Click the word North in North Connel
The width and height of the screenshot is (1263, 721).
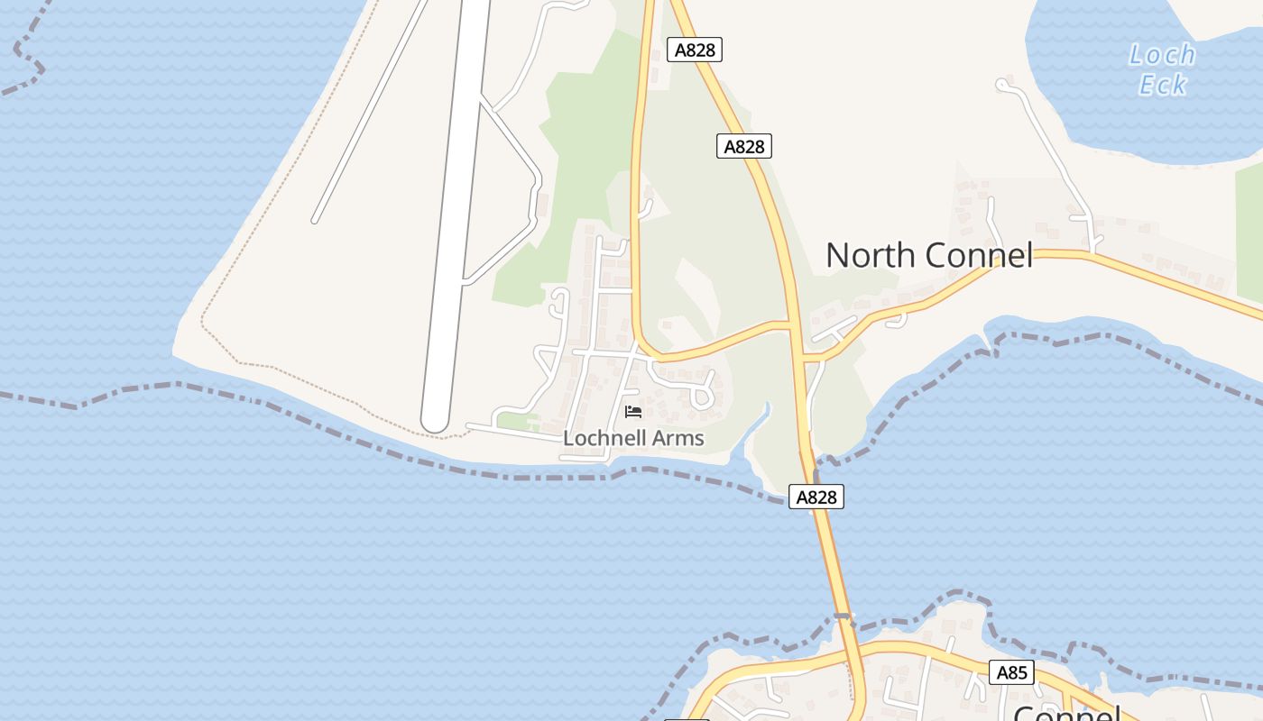[x=870, y=255]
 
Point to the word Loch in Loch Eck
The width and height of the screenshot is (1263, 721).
[x=1162, y=55]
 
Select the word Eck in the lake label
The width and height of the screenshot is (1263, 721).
[x=1162, y=85]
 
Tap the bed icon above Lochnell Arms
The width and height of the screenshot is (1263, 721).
[x=633, y=412]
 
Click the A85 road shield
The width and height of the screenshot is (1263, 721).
[x=1011, y=672]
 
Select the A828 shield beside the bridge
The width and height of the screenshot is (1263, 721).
[x=816, y=497]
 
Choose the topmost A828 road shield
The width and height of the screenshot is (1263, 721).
[x=695, y=50]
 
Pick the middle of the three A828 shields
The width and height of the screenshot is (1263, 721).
[x=744, y=146]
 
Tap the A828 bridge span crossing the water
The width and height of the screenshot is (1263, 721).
[x=830, y=559]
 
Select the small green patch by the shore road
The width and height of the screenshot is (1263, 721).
[x=517, y=421]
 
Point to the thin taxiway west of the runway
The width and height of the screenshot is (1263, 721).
[x=370, y=108]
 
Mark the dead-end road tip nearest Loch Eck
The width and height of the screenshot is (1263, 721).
[x=1001, y=85]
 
